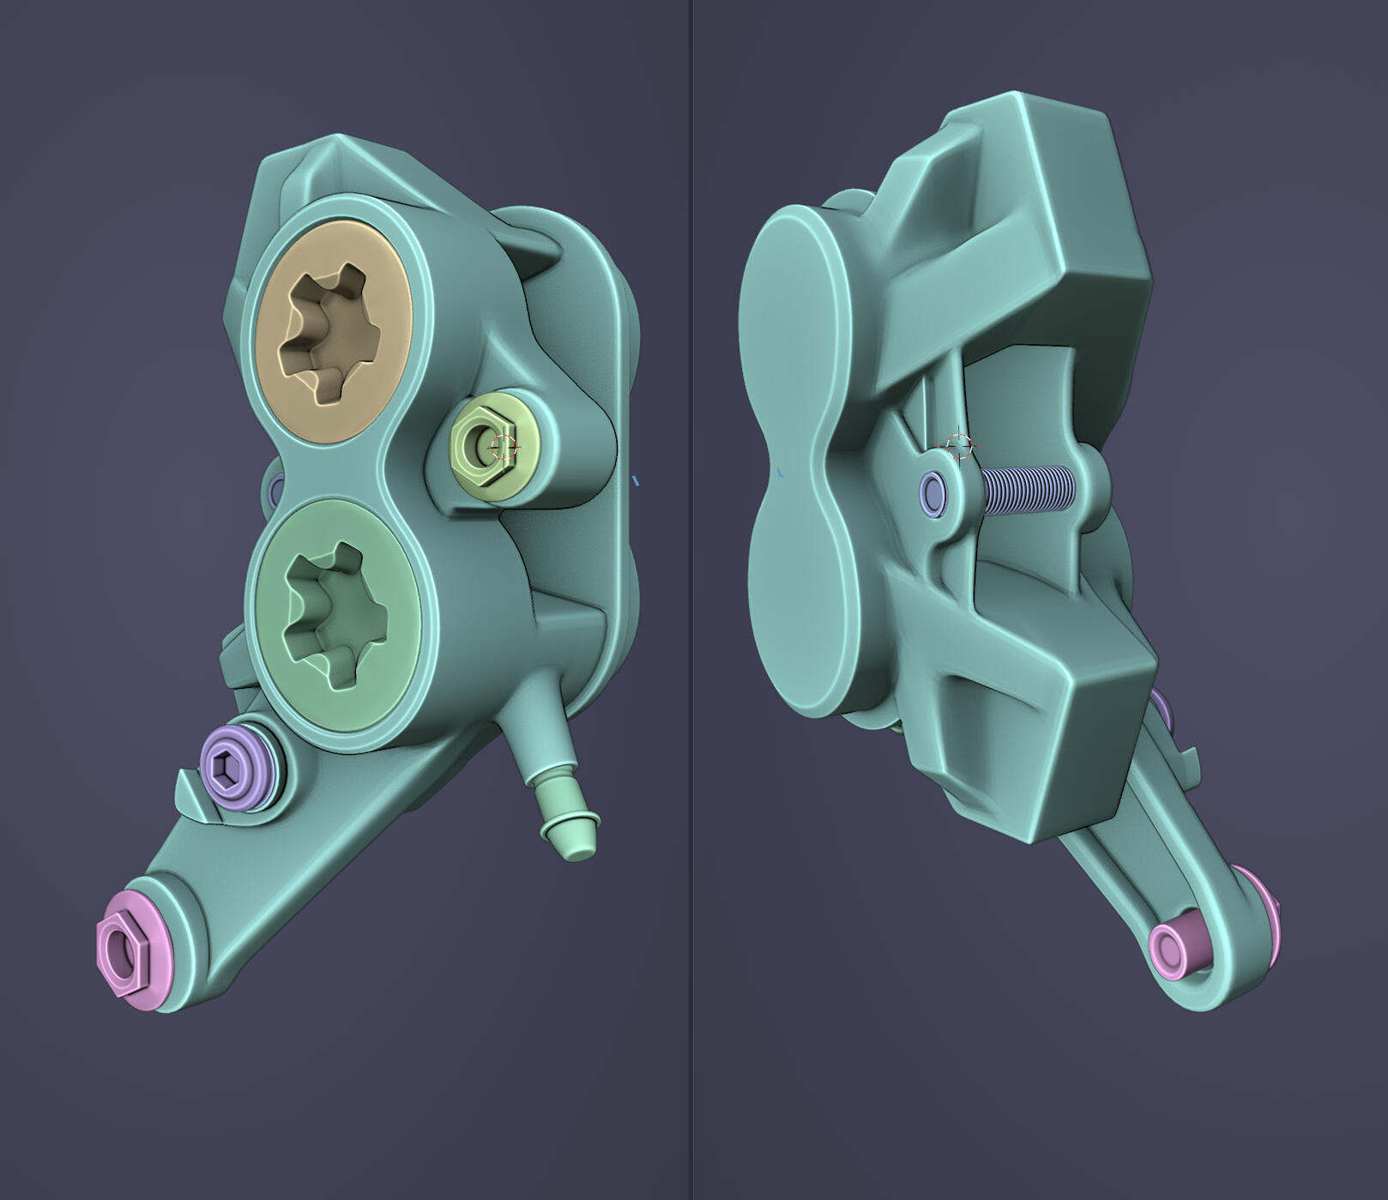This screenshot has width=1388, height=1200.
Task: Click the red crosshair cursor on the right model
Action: [x=958, y=445]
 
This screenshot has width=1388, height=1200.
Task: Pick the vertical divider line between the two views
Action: [x=691, y=600]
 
